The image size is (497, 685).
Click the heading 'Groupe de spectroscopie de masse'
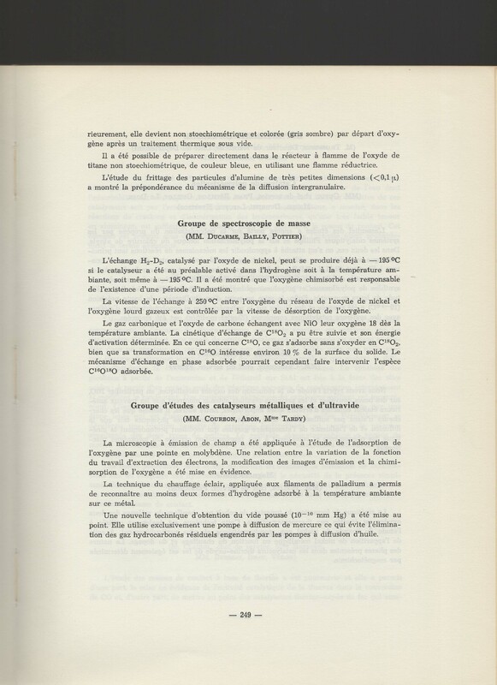(x=248, y=220)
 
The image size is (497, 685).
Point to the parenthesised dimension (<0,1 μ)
(x=400, y=181)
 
